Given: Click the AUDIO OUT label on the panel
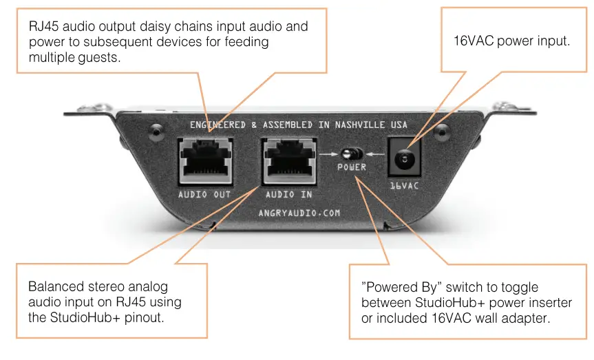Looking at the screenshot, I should point(204,195).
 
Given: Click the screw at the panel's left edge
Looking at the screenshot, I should point(157,128).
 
